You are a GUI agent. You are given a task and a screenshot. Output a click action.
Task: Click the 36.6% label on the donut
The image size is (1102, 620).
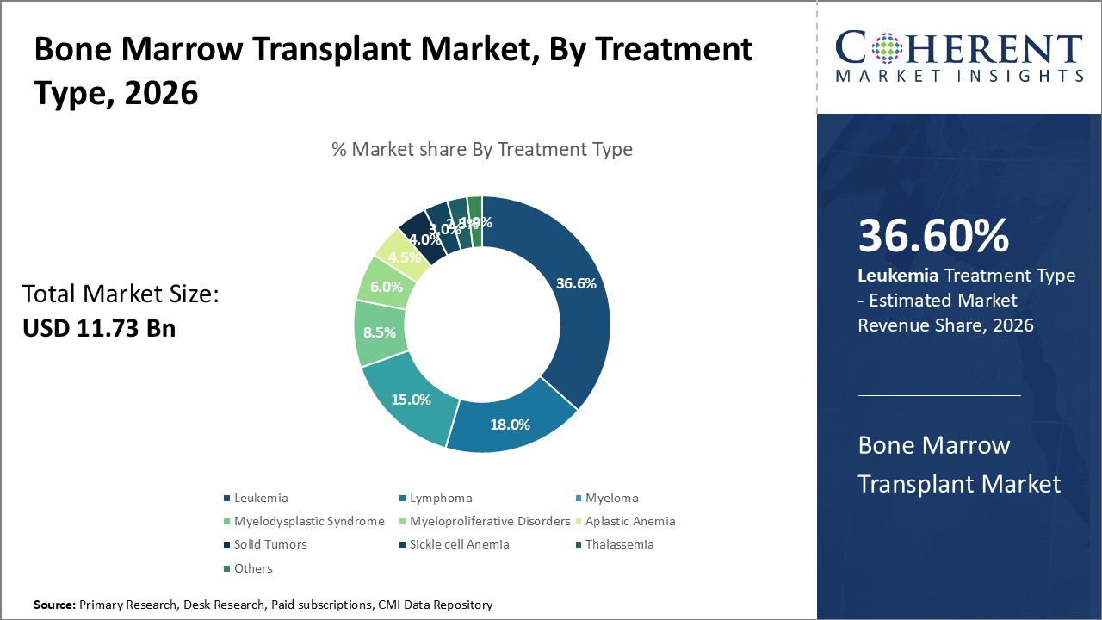576,283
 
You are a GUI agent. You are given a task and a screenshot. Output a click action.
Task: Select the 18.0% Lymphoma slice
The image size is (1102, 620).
509,424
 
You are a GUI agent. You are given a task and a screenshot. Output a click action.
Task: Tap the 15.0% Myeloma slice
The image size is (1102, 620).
411,400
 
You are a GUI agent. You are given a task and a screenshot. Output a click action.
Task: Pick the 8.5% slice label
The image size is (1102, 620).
380,332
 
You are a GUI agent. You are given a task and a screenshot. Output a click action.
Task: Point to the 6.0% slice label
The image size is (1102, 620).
386,288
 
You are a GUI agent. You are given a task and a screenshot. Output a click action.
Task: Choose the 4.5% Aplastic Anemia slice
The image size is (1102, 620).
404,256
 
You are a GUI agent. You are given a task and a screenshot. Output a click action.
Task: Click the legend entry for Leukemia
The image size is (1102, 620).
260,498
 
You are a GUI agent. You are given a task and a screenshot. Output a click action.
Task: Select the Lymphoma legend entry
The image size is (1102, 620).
440,498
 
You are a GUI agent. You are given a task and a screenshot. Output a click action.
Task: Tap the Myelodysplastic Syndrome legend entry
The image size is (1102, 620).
308,521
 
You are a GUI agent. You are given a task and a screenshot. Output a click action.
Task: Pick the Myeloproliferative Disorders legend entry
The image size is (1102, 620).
489,521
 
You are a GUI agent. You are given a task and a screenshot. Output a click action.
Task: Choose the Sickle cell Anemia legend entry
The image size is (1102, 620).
459,544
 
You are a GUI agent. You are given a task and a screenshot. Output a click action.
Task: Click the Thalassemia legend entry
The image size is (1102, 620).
619,544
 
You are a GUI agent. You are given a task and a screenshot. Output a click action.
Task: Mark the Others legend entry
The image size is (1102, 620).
252,568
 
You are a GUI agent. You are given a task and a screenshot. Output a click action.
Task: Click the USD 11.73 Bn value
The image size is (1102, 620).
99,327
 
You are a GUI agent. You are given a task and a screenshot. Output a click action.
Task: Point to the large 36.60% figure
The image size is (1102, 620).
933,236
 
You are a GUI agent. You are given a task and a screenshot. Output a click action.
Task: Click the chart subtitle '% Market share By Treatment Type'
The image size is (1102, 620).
482,149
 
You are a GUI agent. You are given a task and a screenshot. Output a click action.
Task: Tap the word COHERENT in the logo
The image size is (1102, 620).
958,49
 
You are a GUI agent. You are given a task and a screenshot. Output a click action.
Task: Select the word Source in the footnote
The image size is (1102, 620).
54,605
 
